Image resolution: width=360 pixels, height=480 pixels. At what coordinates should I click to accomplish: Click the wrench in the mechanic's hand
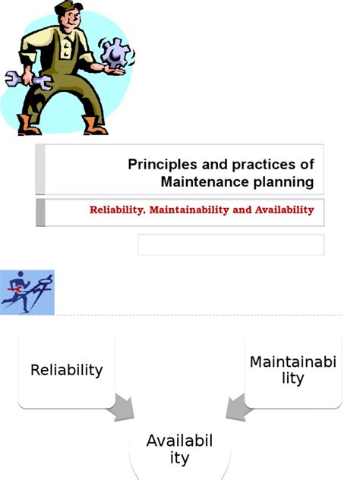(23, 78)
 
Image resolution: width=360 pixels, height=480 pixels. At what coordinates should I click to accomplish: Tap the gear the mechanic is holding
(116, 54)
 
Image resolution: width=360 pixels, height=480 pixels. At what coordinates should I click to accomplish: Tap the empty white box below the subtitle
(230, 245)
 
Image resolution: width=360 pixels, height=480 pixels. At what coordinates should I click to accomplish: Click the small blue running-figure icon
(27, 292)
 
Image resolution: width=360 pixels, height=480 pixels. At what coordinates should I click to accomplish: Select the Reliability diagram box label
(66, 370)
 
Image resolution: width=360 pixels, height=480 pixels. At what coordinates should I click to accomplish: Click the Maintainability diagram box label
(292, 370)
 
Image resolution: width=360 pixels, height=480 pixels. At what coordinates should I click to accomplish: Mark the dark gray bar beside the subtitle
(40, 213)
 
